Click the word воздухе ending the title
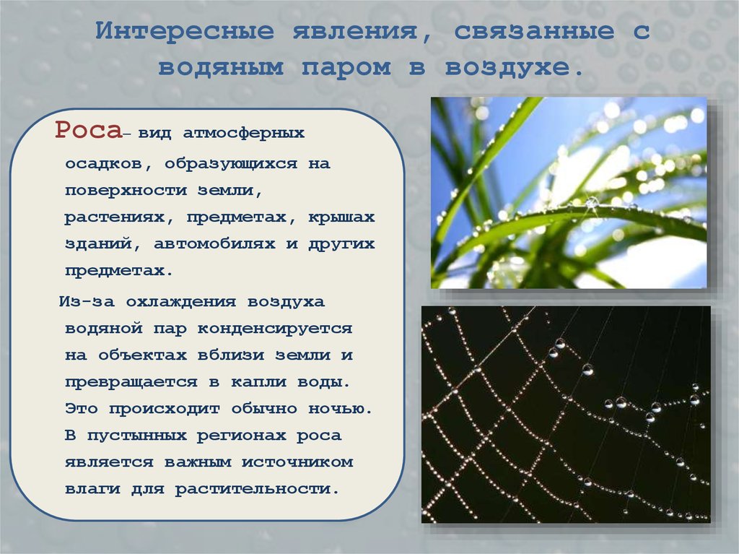(x=514, y=68)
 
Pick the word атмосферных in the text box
(x=243, y=134)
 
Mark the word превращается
(x=131, y=381)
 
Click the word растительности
(x=255, y=489)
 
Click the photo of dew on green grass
(x=569, y=192)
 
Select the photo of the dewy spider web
(x=566, y=414)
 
